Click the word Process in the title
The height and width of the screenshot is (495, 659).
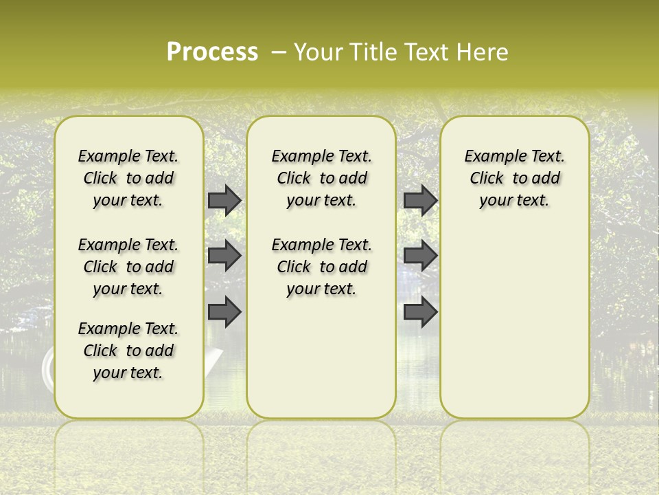[x=212, y=52]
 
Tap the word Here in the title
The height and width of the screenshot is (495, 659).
[x=483, y=52]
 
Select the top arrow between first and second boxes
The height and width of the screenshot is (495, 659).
[x=224, y=200]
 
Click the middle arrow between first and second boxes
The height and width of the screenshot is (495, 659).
[x=224, y=256]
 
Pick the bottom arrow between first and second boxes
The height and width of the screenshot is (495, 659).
[x=224, y=313]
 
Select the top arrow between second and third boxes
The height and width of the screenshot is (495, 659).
[x=420, y=200]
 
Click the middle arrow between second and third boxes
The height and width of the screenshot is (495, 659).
[x=420, y=256]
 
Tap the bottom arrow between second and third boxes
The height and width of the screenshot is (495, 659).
[x=420, y=313]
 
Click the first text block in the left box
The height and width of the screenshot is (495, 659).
[x=128, y=178]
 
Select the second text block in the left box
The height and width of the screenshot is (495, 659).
[x=128, y=267]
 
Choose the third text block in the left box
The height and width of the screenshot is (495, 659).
[x=128, y=351]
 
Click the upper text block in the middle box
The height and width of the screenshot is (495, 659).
[x=321, y=178]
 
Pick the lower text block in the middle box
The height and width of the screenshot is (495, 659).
[x=321, y=267]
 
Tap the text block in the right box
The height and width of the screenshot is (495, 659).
[x=514, y=178]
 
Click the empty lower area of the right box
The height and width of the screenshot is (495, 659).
[x=514, y=323]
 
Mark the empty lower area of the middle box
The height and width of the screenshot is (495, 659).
[x=321, y=357]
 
